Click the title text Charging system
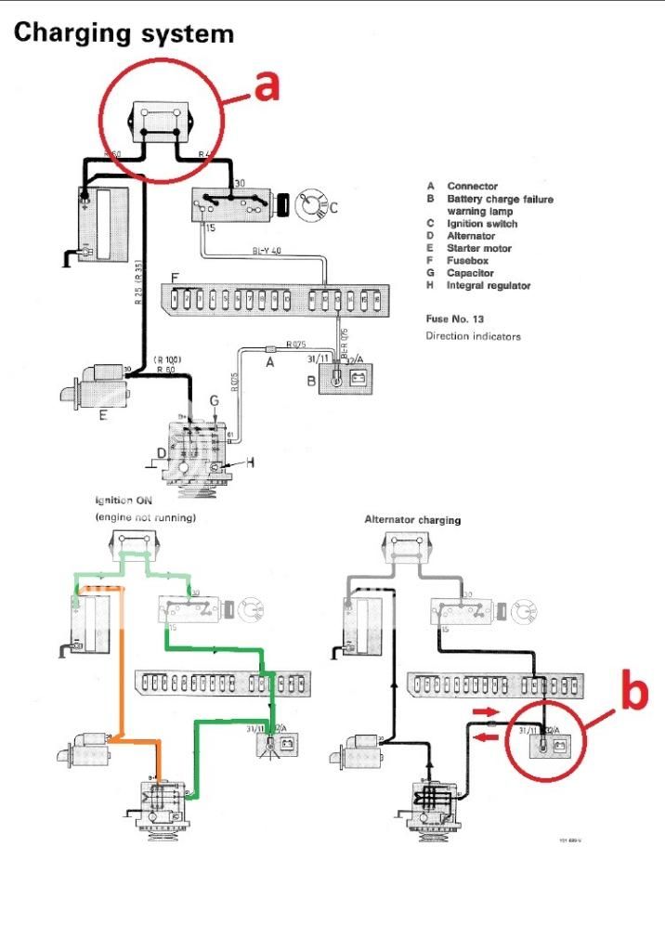point(124,34)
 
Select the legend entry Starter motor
point(478,249)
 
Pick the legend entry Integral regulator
point(488,286)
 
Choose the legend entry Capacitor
point(470,273)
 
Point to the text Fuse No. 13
point(458,319)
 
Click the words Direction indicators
point(474,335)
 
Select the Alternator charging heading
point(413,520)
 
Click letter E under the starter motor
point(103,415)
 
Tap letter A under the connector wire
point(270,364)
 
